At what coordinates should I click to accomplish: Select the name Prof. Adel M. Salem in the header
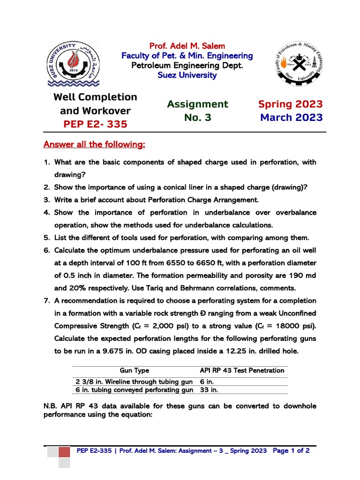tap(187, 46)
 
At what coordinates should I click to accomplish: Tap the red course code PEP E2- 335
tap(95, 125)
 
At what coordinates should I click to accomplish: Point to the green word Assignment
tap(197, 104)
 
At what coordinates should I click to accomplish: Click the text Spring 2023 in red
tap(291, 104)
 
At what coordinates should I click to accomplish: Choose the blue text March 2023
tap(291, 117)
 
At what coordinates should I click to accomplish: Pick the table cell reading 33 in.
tap(209, 390)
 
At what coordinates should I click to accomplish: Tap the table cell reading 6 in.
tap(207, 382)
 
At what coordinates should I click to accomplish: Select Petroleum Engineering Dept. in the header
tap(187, 65)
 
